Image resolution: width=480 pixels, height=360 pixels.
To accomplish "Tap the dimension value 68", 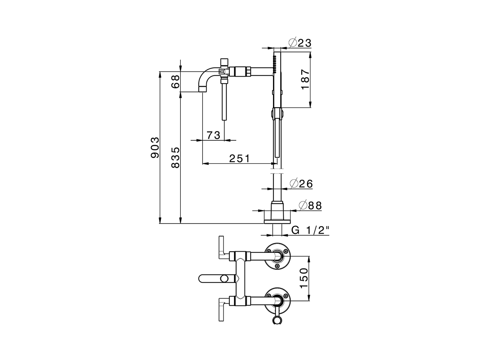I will coord(175,81).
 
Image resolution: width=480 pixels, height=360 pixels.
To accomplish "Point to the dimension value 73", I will coord(213,135).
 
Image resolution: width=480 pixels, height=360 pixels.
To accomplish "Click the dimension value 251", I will coord(239,158).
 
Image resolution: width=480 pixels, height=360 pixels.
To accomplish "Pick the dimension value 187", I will coord(305,80).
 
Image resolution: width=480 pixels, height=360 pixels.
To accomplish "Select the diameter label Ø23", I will coord(300,43).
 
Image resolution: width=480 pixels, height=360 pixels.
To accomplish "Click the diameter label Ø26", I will coord(301,184).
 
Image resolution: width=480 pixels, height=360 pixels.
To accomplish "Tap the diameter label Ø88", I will coord(310,205).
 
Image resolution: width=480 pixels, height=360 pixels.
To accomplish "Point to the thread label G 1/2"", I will coord(310,230).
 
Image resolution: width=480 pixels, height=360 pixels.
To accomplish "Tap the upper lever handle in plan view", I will coord(221,248).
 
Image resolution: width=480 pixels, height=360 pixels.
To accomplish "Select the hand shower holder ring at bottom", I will coord(277,319).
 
